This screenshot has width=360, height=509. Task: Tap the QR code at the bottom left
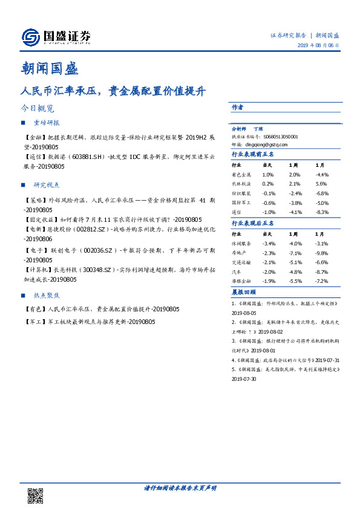click(x=36, y=496)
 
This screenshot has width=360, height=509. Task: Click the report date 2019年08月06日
click(x=318, y=46)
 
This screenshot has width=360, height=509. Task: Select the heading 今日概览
click(x=38, y=109)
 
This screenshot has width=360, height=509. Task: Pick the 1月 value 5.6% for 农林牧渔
click(x=321, y=184)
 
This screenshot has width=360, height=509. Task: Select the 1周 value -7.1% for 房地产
click(x=295, y=253)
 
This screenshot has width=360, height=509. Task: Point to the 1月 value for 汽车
click(x=321, y=272)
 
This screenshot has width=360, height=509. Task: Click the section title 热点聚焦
click(x=47, y=296)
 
